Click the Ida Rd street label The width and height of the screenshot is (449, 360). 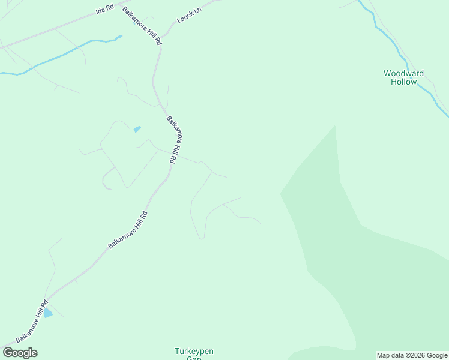point(104,11)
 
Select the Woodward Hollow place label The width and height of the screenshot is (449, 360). point(403,77)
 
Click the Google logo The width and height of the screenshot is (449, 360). point(20,353)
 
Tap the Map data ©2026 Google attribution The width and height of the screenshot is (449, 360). point(412,355)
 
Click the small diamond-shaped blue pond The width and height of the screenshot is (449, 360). point(137,129)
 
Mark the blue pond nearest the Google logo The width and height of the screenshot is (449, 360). point(47,313)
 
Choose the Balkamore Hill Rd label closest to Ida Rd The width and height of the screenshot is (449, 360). point(142,26)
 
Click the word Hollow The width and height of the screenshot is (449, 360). point(403,82)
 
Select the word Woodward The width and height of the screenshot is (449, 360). point(403,73)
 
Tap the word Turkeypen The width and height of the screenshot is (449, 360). point(194,351)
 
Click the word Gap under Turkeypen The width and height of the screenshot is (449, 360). point(194,358)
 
